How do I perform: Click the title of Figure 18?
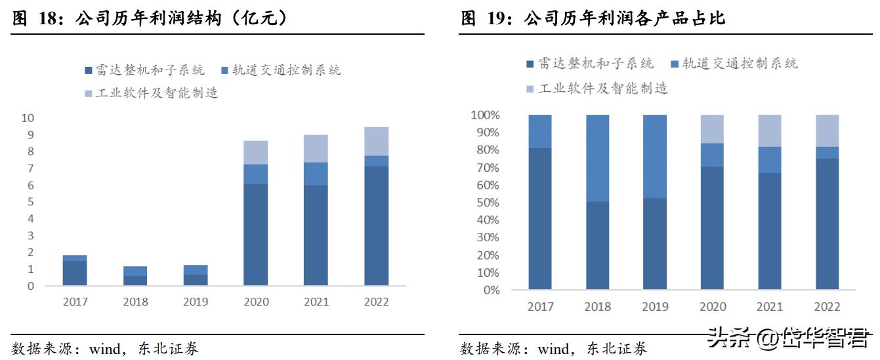(x=150, y=19)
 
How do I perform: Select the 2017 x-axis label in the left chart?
(x=75, y=302)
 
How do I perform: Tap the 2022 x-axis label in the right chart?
(x=827, y=306)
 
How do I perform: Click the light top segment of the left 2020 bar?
(x=255, y=152)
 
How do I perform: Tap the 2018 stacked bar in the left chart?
(x=135, y=276)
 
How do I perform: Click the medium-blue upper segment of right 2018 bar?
(x=597, y=158)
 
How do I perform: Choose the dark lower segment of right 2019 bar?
(x=654, y=243)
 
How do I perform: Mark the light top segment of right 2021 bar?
(x=770, y=130)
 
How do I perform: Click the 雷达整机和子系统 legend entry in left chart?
(x=144, y=70)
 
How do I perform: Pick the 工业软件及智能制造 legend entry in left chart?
(x=151, y=93)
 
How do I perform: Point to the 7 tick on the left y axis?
(x=30, y=169)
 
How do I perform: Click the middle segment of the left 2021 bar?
(x=316, y=174)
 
